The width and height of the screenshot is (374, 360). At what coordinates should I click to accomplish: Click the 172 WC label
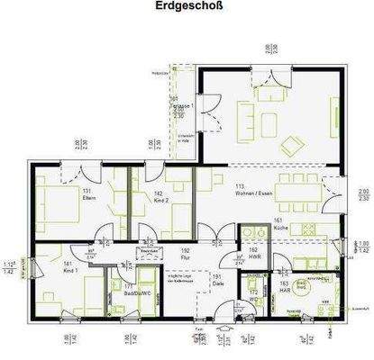click(253, 292)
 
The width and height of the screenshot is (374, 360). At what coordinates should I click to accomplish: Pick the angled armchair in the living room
click(293, 144)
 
